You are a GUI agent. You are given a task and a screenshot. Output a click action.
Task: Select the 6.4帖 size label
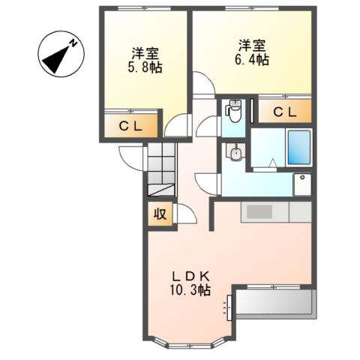251,61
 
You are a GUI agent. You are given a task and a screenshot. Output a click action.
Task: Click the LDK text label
191,274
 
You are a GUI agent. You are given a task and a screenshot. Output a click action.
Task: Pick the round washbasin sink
235,154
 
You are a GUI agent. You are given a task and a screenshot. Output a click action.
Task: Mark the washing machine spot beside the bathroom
301,184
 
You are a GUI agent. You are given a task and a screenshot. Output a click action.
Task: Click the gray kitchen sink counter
259,212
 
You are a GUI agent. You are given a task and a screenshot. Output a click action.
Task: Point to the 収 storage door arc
186,214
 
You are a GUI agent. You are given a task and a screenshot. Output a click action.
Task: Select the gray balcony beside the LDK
274,304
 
